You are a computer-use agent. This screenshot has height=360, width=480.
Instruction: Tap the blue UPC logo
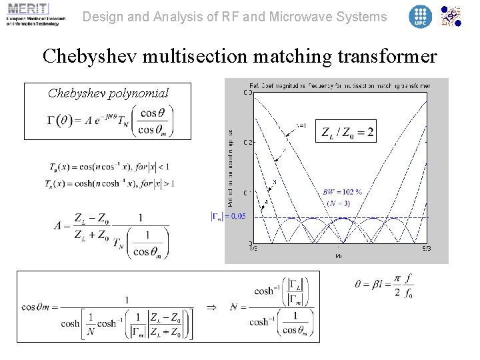(x=420, y=17)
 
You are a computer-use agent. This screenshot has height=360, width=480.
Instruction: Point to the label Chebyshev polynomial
(x=108, y=93)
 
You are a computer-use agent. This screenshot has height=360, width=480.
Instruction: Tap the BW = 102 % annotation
(x=342, y=192)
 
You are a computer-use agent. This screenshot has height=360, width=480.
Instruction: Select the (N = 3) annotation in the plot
(x=341, y=202)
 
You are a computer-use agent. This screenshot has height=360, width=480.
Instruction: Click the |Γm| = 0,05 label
(x=229, y=215)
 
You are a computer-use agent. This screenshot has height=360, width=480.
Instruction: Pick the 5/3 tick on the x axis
(x=427, y=249)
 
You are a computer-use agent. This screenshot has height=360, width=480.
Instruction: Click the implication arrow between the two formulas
(x=211, y=307)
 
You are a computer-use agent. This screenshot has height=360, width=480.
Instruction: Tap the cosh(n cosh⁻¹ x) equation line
(x=111, y=183)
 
